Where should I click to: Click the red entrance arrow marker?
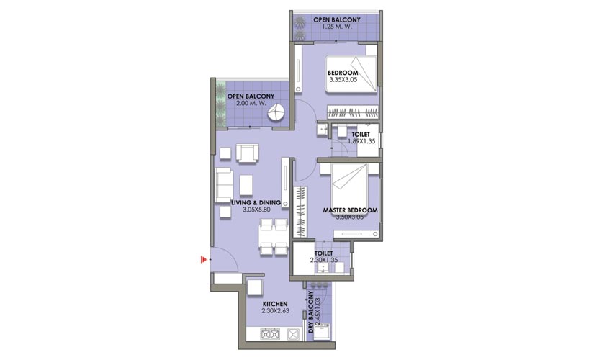pos(203,259)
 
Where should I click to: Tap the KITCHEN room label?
pos(275,304)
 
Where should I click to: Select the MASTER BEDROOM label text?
pos(350,210)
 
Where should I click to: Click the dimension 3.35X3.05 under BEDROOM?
pos(343,80)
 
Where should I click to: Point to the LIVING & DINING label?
pos(256,202)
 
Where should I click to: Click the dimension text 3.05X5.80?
pos(256,210)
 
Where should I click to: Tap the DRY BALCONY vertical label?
pos(311,312)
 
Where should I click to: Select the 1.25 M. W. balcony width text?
pos(337,27)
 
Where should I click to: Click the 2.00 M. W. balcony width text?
pos(251,104)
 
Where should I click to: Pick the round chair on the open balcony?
pos(277,113)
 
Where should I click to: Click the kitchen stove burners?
pos(270,335)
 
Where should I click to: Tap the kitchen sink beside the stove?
pos(293,335)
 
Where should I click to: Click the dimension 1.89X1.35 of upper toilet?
pos(362,141)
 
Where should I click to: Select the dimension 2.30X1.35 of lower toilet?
pos(324,260)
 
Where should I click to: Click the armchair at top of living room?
pos(247,153)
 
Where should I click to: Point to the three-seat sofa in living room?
pos(224,186)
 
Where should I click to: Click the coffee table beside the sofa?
pos(246,185)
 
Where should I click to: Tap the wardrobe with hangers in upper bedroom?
pos(353,112)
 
